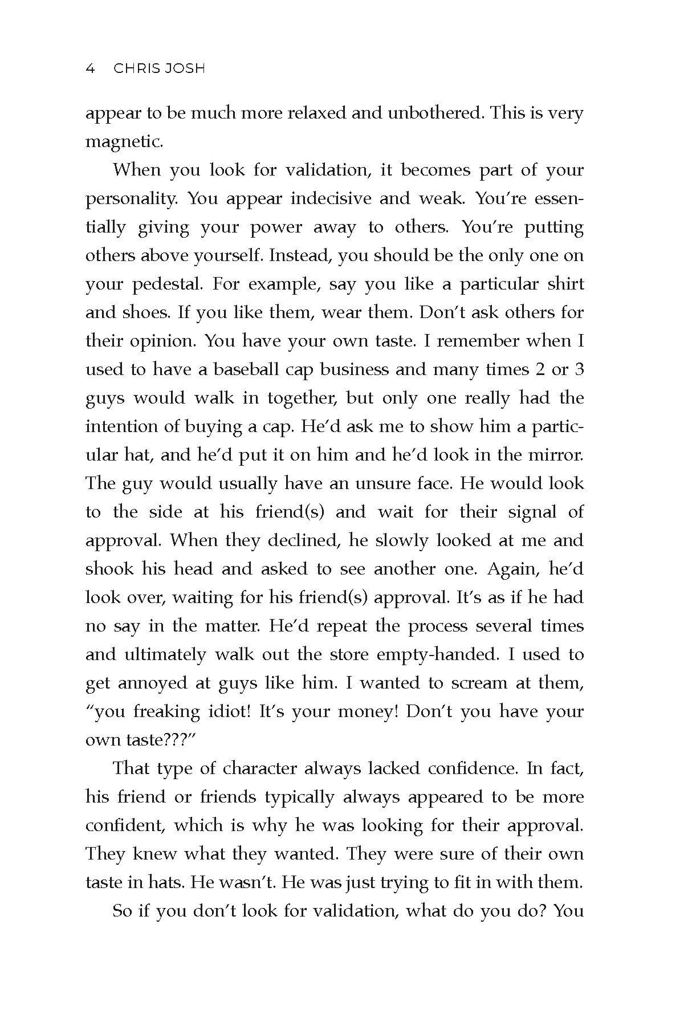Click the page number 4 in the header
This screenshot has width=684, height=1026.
[89, 69]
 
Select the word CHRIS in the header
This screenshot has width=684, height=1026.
[137, 69]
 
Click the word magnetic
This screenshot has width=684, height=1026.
[124, 142]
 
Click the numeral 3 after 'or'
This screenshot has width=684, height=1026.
[579, 369]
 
